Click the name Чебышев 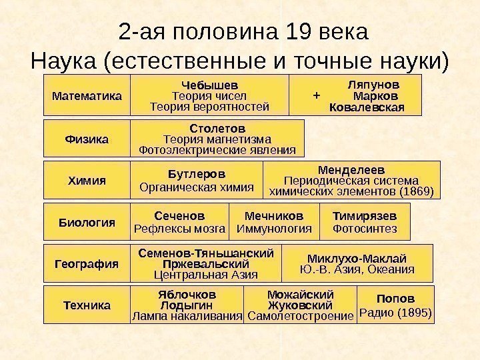pyautogui.click(x=210, y=85)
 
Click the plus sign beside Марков pyautogui.click(x=316, y=96)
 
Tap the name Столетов pyautogui.click(x=217, y=127)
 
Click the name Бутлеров pyautogui.click(x=197, y=174)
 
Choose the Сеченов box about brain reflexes pyautogui.click(x=180, y=222)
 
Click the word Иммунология pyautogui.click(x=274, y=229)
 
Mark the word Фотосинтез pyautogui.click(x=364, y=229)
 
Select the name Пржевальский pyautogui.click(x=206, y=264)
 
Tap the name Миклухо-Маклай pyautogui.click(x=357, y=258)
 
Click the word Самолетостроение pyautogui.click(x=300, y=316)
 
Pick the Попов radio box pyautogui.click(x=396, y=305)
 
